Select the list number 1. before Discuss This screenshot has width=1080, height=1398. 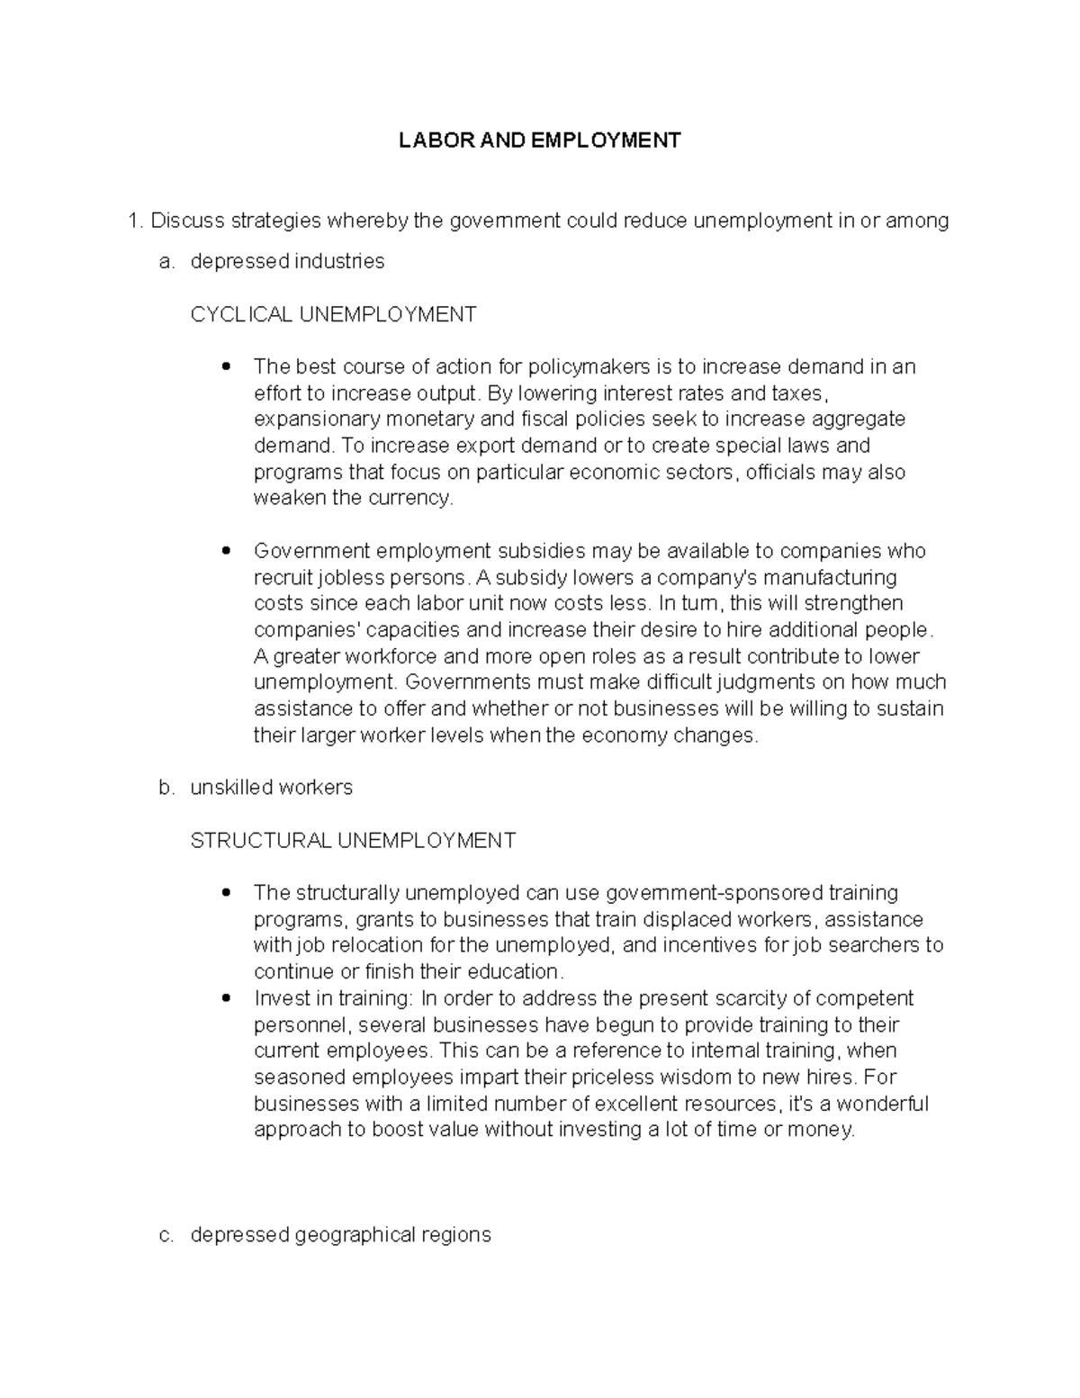click(x=136, y=221)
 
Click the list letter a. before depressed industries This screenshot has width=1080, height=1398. click(x=166, y=261)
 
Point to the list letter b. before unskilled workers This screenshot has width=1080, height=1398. click(x=166, y=788)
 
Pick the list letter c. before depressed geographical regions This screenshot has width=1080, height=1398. click(x=166, y=1235)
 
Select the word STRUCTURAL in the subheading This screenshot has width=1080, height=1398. click(x=261, y=841)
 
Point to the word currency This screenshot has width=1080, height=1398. click(x=409, y=498)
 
